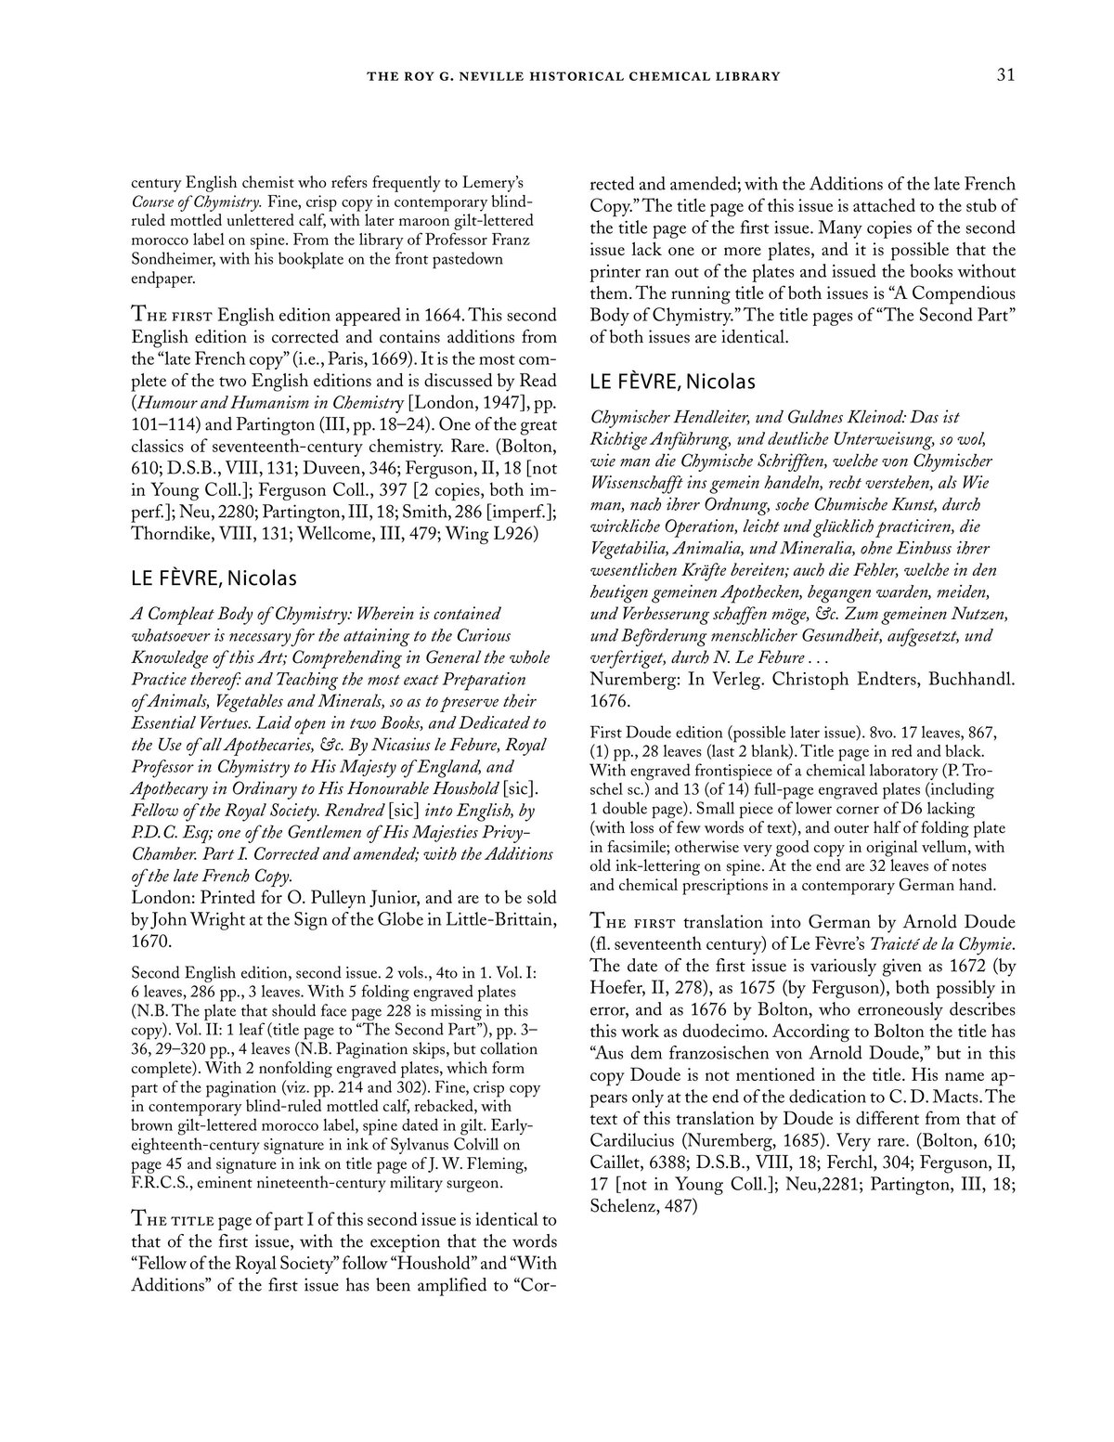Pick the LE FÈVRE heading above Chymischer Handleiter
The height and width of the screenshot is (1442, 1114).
click(x=673, y=381)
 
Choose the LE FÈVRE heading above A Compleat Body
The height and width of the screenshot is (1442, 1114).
click(x=214, y=578)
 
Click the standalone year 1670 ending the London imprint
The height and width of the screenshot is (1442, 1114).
click(x=151, y=942)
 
